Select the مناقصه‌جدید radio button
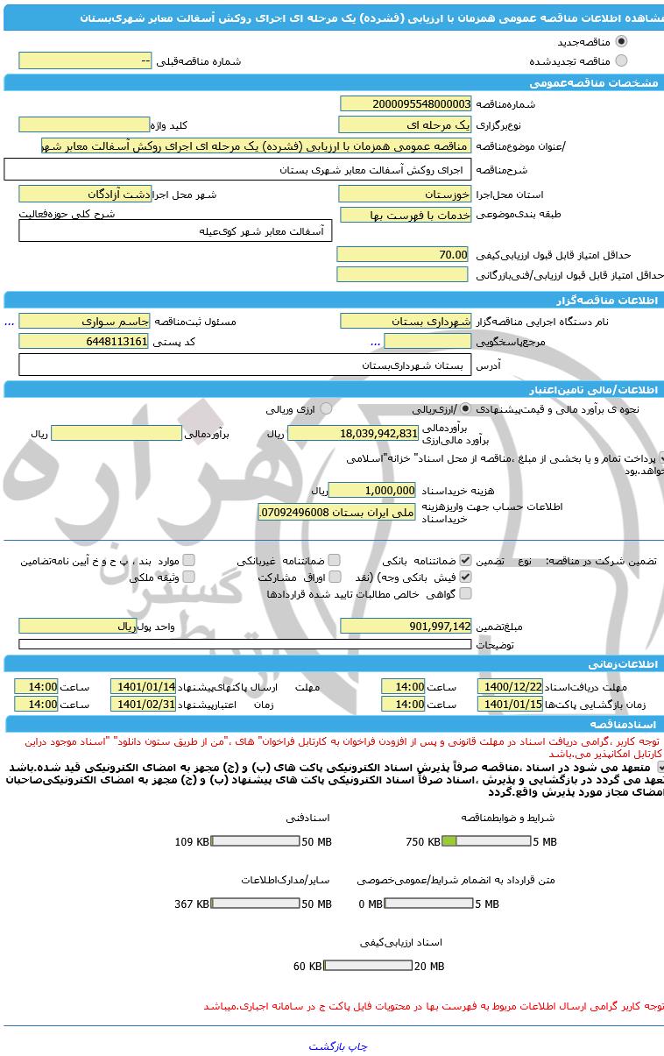(x=621, y=41)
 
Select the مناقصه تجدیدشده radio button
(x=621, y=60)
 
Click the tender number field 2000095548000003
(x=405, y=103)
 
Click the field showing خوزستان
(x=405, y=194)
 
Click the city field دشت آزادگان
(x=85, y=194)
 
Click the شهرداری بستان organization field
(x=405, y=321)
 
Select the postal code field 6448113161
(x=84, y=341)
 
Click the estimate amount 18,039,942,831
(x=354, y=433)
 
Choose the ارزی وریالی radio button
(x=326, y=408)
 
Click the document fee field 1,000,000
(x=372, y=490)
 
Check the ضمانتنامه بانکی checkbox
(x=465, y=560)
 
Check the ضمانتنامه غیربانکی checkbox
(x=334, y=560)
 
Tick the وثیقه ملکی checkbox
(x=188, y=578)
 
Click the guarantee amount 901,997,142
(x=405, y=626)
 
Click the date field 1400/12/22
(x=510, y=686)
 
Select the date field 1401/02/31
(x=143, y=704)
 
